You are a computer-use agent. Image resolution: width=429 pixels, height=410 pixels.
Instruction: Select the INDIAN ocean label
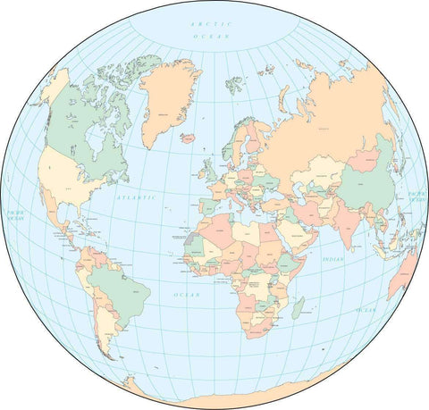pos(332,259)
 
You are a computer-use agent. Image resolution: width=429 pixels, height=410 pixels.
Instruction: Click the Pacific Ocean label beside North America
pos(14,216)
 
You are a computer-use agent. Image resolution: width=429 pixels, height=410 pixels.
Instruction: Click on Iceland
pos(188,138)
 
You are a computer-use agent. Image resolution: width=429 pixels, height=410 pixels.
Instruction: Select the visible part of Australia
pos(407,272)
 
